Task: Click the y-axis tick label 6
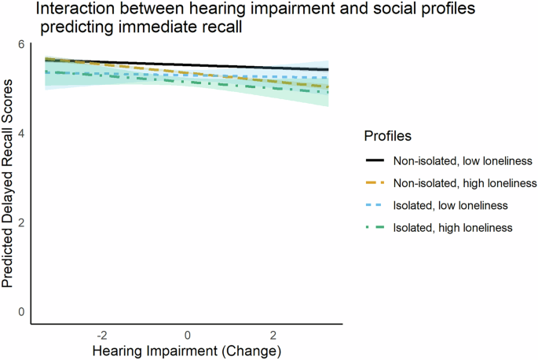pos(22,46)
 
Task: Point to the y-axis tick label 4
pos(22,134)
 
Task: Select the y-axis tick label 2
pos(22,222)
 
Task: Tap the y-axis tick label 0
pos(22,311)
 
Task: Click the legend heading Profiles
pos(389,137)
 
